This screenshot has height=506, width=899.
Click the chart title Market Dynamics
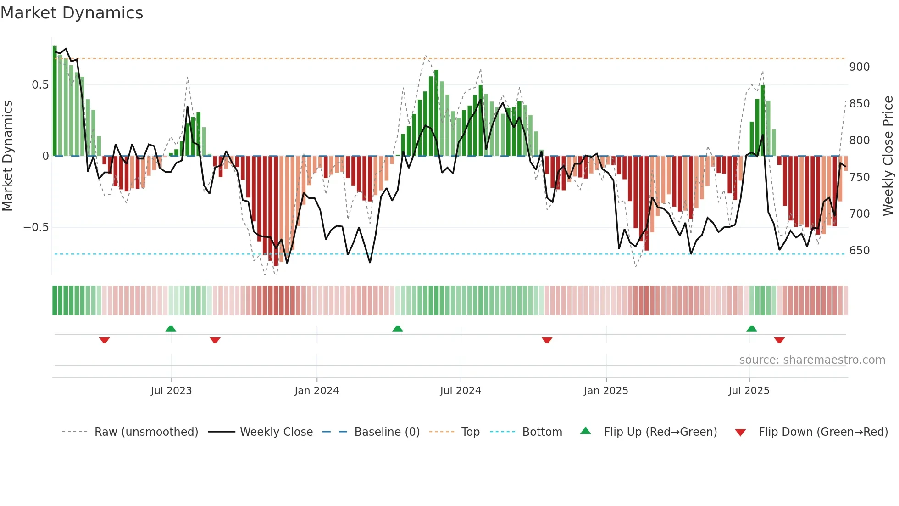coord(72,13)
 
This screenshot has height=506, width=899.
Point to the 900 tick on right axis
coord(859,67)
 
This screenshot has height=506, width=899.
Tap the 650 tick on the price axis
coord(859,251)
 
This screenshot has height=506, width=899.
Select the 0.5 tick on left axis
coord(40,85)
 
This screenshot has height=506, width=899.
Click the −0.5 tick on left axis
coord(36,227)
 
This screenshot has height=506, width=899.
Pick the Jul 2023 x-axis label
coord(171,391)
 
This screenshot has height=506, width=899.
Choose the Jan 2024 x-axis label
coord(316,391)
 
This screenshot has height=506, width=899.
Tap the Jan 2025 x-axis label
coord(605,391)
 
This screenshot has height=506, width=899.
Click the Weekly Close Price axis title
coord(888,156)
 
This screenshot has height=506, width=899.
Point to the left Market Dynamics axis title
coord(7,156)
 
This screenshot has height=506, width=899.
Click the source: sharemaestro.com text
coord(812,360)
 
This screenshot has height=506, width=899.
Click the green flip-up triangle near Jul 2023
coord(171,329)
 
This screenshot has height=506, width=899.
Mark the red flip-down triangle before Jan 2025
coord(547,340)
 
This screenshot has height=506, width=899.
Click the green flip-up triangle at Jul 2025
coord(751,329)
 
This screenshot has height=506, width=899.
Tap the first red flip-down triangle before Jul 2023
coord(105,340)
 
